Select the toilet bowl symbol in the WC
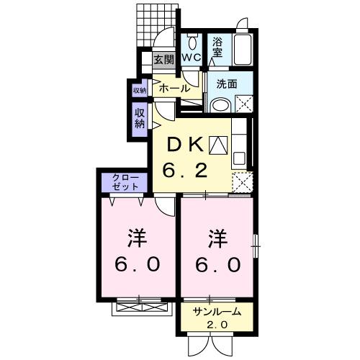pos(192,40)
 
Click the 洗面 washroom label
pos(227,84)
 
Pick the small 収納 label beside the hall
pos(139,90)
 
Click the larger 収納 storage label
pos(139,117)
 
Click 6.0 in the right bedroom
pos(217,264)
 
